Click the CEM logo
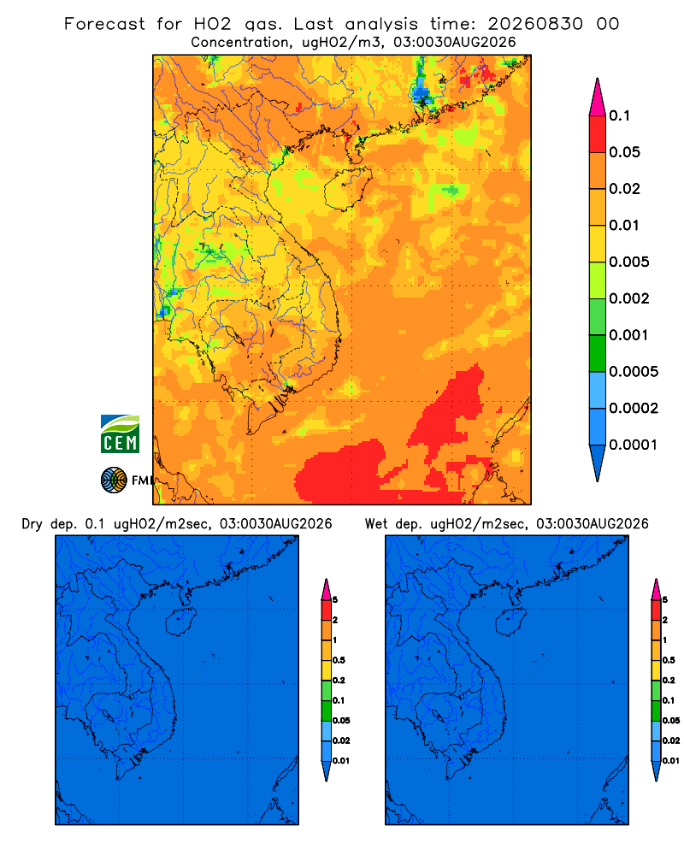coord(120,433)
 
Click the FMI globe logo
coord(114,480)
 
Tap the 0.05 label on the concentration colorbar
coord(624,152)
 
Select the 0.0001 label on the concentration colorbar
coord(633,445)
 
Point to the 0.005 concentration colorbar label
coord(629,262)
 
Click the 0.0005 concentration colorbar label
coord(634,372)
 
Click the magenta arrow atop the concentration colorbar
coord(598,97)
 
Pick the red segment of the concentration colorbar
coord(598,134)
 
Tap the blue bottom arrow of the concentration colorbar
coord(598,463)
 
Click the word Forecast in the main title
coord(104,24)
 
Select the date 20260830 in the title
coord(535,24)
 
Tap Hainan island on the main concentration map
coord(347,188)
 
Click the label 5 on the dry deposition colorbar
coord(335,600)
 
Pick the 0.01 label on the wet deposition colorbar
coord(671,761)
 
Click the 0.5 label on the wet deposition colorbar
coord(669,660)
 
